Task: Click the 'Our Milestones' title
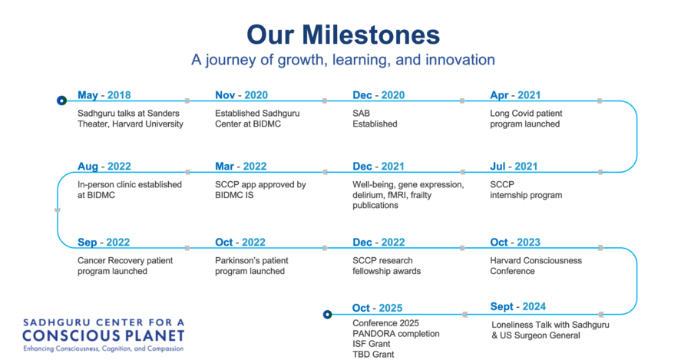click(x=343, y=35)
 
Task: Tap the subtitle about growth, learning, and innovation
click(x=343, y=59)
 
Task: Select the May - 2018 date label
click(x=104, y=95)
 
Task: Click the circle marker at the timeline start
click(x=61, y=101)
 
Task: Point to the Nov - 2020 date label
click(x=242, y=95)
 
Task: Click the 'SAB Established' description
click(x=375, y=118)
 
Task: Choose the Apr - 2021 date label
click(x=515, y=95)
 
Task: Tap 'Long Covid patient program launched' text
click(x=526, y=118)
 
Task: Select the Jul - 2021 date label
click(x=514, y=167)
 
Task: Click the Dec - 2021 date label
click(x=378, y=167)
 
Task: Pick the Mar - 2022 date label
click(x=240, y=167)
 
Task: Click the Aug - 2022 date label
click(x=104, y=167)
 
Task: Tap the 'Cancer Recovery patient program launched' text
click(x=125, y=266)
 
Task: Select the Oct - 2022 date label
click(x=240, y=243)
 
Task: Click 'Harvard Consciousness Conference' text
click(x=536, y=266)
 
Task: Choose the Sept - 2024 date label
click(x=517, y=307)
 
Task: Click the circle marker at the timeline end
click(x=327, y=314)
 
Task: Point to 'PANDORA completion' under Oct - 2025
click(x=395, y=334)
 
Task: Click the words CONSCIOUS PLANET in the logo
click(x=103, y=335)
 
